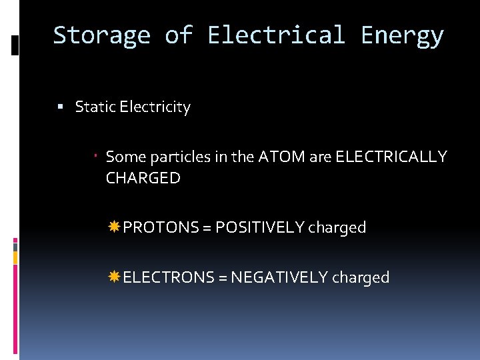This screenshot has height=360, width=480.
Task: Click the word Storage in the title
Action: pyautogui.click(x=101, y=35)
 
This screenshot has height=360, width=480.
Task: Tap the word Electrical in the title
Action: pyautogui.click(x=276, y=35)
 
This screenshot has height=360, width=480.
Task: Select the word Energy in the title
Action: pyautogui.click(x=402, y=35)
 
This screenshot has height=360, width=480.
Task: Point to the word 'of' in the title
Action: pyautogui.click(x=179, y=35)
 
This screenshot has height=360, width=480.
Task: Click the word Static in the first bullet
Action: pyautogui.click(x=95, y=107)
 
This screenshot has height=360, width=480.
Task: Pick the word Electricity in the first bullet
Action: pyautogui.click(x=155, y=107)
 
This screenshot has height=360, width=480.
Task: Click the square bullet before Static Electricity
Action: pyautogui.click(x=61, y=107)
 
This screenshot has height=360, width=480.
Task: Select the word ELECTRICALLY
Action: pyautogui.click(x=391, y=157)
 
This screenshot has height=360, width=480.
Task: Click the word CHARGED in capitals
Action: pyautogui.click(x=143, y=178)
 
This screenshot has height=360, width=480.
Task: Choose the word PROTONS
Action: pyautogui.click(x=161, y=227)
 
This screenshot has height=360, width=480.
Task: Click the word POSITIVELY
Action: pyautogui.click(x=259, y=227)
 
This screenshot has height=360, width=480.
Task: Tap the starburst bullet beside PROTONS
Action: pyautogui.click(x=114, y=227)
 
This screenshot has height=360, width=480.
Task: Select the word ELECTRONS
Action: pyautogui.click(x=169, y=277)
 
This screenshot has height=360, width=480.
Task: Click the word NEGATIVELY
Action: pyautogui.click(x=279, y=277)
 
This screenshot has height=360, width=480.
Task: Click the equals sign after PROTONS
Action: pyautogui.click(x=207, y=228)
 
